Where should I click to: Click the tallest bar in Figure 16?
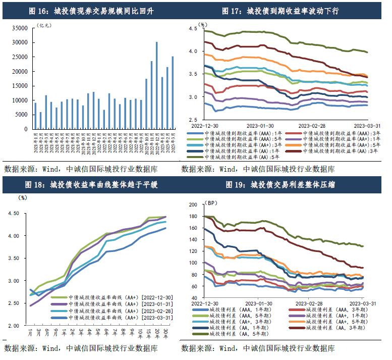[157, 85]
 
